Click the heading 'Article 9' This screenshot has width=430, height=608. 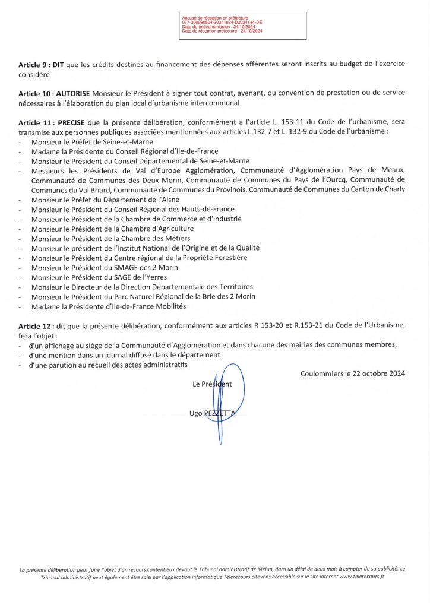(36, 64)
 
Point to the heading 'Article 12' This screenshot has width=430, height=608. (36, 325)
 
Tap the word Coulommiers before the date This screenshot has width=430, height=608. (321, 374)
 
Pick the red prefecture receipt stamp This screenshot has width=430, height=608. (244, 27)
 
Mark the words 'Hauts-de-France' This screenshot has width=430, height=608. (205, 209)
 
